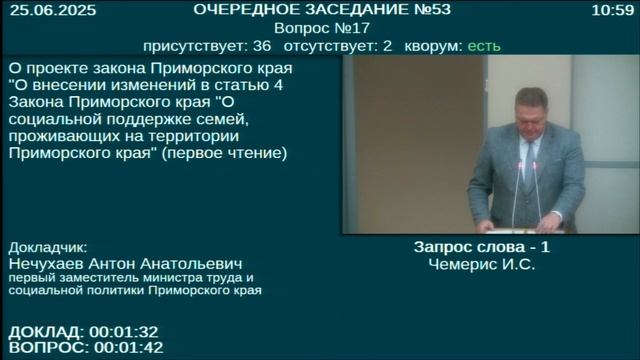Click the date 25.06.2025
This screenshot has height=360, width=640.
click(x=40, y=10)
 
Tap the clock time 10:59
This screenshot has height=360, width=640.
click(x=613, y=10)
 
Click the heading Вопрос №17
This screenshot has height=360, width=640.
click(x=320, y=28)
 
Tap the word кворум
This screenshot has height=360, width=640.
click(x=432, y=46)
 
